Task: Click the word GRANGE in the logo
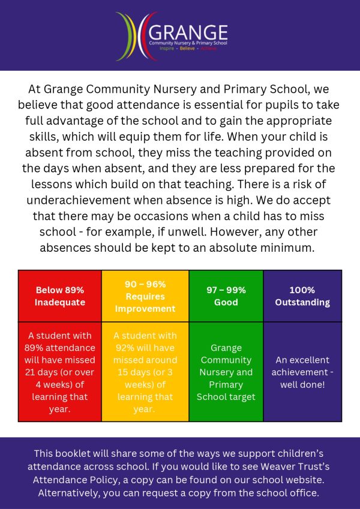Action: tap(188, 32)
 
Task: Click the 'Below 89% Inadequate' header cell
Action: tap(60, 296)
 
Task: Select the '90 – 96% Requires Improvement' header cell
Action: tap(145, 296)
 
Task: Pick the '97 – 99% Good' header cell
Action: tap(226, 296)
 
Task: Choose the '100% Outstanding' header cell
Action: tap(302, 296)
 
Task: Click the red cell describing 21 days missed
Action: tap(60, 372)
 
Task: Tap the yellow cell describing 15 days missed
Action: tap(145, 372)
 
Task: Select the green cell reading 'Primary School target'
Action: tap(226, 372)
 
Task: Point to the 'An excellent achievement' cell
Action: tap(302, 372)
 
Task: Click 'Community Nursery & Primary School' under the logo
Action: tap(188, 44)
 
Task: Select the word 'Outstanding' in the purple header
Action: tap(302, 302)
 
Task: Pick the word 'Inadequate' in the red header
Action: tap(60, 302)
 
